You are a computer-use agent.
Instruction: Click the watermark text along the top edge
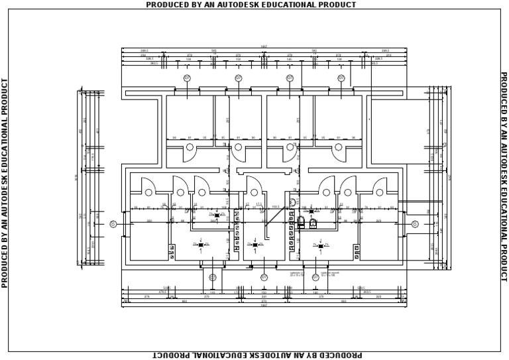coord(251,5)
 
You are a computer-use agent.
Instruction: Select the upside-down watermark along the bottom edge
coord(257,355)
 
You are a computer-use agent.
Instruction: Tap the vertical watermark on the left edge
coord(5,182)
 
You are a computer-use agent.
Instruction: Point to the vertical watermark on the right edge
coord(504,177)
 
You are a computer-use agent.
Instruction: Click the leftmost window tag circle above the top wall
coord(187,78)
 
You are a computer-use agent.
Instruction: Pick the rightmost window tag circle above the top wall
coord(341,78)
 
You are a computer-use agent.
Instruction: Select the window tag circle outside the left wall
coord(113,224)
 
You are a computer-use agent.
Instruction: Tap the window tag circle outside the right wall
coord(415,224)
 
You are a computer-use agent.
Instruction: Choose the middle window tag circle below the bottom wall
coord(264,277)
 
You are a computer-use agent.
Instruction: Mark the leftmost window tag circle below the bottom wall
coord(212,277)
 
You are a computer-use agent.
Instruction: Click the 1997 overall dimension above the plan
coord(264,47)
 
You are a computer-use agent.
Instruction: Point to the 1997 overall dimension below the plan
coord(264,306)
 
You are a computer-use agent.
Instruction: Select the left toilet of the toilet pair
coord(301,221)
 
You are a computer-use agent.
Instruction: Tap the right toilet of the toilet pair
coord(313,222)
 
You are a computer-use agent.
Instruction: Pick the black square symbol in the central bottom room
coord(255,245)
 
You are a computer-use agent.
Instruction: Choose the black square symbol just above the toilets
coord(311,211)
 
